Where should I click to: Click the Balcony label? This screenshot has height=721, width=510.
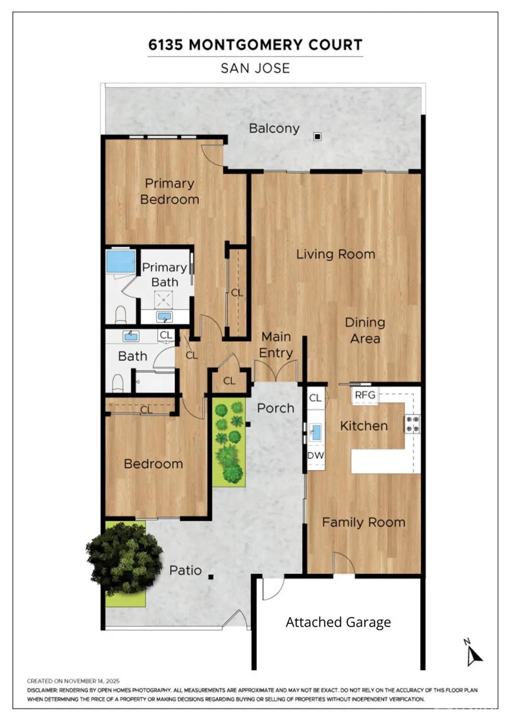click(x=274, y=128)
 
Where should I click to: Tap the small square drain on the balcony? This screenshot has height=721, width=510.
click(x=317, y=137)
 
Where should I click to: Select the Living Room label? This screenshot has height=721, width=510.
click(x=336, y=254)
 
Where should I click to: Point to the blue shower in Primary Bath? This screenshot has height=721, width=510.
click(x=120, y=261)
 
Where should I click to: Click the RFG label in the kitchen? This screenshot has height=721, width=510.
click(x=365, y=395)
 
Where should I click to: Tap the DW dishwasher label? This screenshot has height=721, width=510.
click(x=316, y=455)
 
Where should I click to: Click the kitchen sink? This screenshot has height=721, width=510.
click(x=315, y=432)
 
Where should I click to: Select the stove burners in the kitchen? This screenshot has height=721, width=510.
click(x=412, y=424)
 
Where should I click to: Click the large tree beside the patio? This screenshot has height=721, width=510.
click(x=124, y=558)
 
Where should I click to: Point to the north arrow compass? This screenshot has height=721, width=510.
click(x=473, y=654)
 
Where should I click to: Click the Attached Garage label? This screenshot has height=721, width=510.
click(x=338, y=622)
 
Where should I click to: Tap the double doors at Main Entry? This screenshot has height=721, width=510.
click(x=276, y=372)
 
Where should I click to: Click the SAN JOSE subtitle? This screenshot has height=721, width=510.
click(x=255, y=68)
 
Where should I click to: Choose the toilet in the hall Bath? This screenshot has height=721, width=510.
click(x=118, y=383)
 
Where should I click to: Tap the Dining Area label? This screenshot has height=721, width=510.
click(x=365, y=330)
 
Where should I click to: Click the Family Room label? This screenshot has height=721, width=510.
click(x=363, y=522)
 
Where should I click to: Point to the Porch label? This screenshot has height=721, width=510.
click(x=275, y=408)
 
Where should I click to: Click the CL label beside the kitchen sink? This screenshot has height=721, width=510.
click(x=315, y=398)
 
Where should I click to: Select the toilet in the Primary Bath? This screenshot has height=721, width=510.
click(x=121, y=314)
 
